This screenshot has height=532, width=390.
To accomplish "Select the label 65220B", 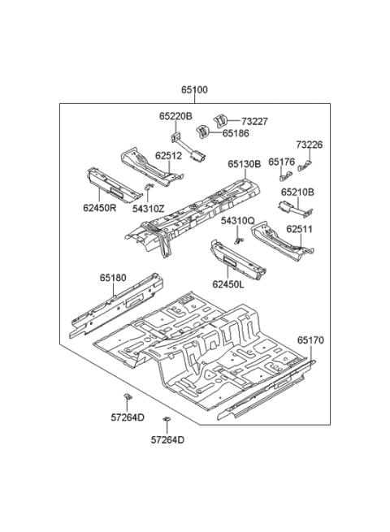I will pyautogui.click(x=175, y=117).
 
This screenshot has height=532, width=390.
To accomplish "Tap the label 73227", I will pyautogui.click(x=253, y=121).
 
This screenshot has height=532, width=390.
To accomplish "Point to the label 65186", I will pyautogui.click(x=236, y=132).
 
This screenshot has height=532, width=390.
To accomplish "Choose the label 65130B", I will pyautogui.click(x=244, y=164).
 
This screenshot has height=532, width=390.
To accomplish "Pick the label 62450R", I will pyautogui.click(x=99, y=208).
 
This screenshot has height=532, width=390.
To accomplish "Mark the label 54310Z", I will pyautogui.click(x=150, y=208).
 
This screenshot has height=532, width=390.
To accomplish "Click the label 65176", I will pyautogui.click(x=281, y=162).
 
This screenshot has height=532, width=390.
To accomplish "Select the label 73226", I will pyautogui.click(x=309, y=145).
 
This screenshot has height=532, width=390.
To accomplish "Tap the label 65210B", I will pyautogui.click(x=297, y=192).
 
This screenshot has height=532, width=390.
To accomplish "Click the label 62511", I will pyautogui.click(x=299, y=229).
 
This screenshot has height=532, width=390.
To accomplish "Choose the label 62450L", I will pyautogui.click(x=228, y=284).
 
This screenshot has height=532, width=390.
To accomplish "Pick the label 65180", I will pyautogui.click(x=114, y=278).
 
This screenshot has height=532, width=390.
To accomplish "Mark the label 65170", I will pyautogui.click(x=310, y=340).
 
